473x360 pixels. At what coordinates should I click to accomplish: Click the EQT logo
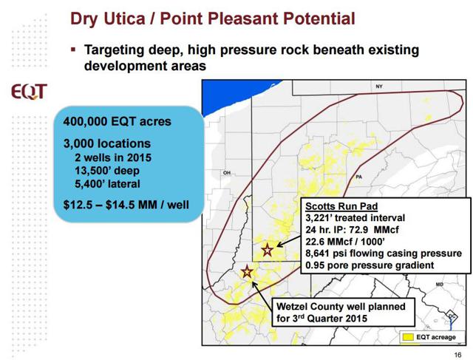coord(30,92)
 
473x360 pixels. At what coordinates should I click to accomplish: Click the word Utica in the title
coord(124,18)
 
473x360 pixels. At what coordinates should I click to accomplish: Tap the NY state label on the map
coord(379,86)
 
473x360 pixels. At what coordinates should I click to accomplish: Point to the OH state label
coord(227,172)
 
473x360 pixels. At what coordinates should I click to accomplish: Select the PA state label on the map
coord(358,177)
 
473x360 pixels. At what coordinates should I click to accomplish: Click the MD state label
coord(440,285)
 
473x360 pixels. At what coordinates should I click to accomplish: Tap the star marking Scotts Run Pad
coord(268,250)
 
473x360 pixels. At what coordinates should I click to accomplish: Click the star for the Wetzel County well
coord(247,272)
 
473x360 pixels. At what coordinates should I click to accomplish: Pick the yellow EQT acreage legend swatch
coord(407,337)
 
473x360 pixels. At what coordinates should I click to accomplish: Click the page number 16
coord(457,355)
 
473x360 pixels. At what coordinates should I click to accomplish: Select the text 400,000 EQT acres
coord(117,122)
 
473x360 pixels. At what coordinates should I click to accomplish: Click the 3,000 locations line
coord(106,143)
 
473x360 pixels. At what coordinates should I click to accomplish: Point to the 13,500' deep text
coord(107,171)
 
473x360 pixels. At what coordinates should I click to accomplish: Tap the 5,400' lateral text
coord(107,184)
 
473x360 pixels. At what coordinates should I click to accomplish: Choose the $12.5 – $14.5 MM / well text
coord(126,205)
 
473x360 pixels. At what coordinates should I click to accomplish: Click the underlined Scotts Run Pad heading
coord(341,206)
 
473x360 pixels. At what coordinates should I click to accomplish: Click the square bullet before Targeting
coord(73,49)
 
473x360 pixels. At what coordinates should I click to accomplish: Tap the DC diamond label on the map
coord(452,316)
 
